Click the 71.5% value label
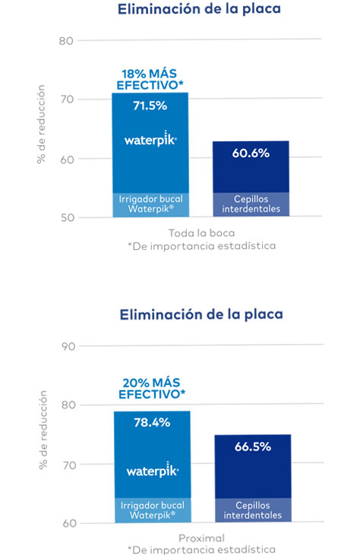pos(150,106)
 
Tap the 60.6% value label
pos(251,153)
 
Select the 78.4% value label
pos(152,422)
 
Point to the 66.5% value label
pos(253,446)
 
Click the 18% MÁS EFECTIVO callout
pos(150,79)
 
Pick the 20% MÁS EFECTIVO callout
pos(152,388)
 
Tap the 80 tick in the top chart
pos(66,41)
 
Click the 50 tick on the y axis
pos(68,217)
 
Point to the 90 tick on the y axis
pos(68,346)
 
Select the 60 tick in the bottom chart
pos(69,523)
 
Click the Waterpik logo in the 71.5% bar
pos(150,139)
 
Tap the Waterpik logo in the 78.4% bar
pos(153,470)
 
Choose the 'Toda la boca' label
pos(201,233)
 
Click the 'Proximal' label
pos(201,538)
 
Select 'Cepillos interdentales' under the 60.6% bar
pos(251,204)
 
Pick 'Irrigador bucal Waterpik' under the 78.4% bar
pos(153,510)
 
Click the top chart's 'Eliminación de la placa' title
pos(199,9)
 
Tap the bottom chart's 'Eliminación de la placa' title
pos(201,314)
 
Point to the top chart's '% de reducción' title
pos(41,125)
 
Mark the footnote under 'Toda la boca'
pos(202,246)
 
